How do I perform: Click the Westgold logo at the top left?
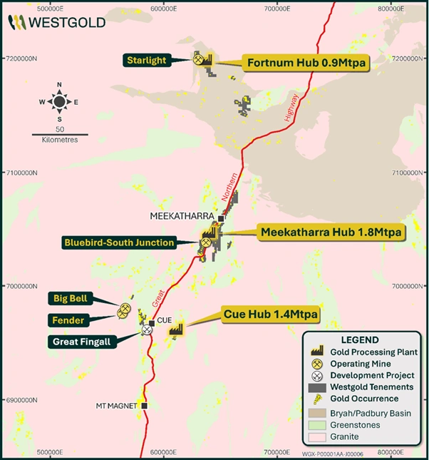(x=56, y=22)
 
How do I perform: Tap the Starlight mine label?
(x=148, y=61)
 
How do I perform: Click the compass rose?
(x=59, y=102)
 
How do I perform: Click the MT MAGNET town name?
(x=116, y=406)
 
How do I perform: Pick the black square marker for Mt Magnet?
(x=145, y=406)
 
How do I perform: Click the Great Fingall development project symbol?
(x=147, y=330)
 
